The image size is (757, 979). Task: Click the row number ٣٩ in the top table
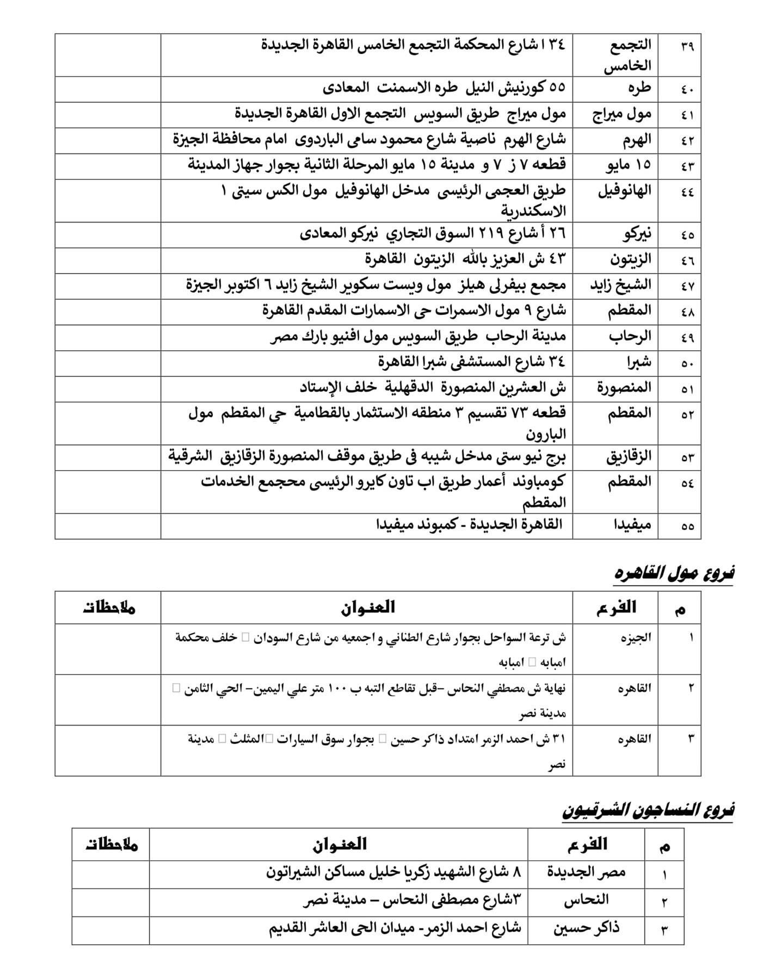tap(687, 46)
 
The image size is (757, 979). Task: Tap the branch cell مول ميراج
tap(622, 114)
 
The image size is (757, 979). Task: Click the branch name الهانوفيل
tap(624, 191)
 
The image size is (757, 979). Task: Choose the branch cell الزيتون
tap(630, 260)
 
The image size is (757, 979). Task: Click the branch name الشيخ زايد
tap(621, 286)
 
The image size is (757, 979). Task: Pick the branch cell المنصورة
tap(624, 388)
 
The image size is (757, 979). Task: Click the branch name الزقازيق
tap(628, 457)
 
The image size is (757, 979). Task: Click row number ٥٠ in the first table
tap(687, 363)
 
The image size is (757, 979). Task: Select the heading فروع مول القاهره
tap(674, 573)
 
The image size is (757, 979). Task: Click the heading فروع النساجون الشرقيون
tap(648, 811)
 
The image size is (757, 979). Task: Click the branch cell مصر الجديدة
tap(586, 873)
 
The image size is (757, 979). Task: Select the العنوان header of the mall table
tap(368, 607)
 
